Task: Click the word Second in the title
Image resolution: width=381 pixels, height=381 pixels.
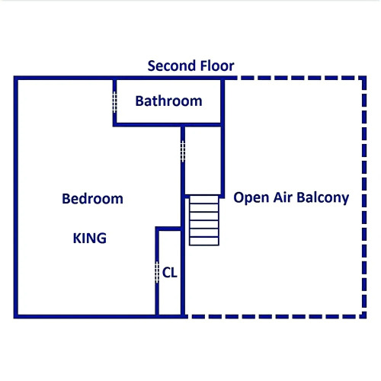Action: click(172, 66)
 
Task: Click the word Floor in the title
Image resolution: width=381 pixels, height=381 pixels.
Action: click(217, 66)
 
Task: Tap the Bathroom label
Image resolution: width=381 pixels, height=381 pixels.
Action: click(168, 101)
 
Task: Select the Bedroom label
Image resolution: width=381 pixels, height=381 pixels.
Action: click(92, 199)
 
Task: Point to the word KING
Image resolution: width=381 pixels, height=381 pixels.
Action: click(90, 239)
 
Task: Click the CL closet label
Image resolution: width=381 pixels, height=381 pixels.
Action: click(169, 273)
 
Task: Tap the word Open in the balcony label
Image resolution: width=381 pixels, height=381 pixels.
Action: click(251, 198)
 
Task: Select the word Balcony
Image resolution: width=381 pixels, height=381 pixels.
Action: click(323, 198)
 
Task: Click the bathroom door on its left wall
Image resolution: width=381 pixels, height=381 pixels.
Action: click(114, 102)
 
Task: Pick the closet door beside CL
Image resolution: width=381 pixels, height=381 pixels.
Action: click(157, 272)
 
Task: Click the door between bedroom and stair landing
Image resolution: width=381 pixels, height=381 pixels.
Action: click(183, 152)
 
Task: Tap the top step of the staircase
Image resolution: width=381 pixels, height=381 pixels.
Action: click(204, 200)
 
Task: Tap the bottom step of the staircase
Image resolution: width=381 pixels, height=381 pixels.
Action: click(204, 241)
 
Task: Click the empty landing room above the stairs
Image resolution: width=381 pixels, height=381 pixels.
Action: click(203, 161)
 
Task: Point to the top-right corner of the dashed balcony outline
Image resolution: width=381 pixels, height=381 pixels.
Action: click(364, 78)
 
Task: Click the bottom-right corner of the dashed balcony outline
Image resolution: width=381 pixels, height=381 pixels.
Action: click(364, 316)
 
